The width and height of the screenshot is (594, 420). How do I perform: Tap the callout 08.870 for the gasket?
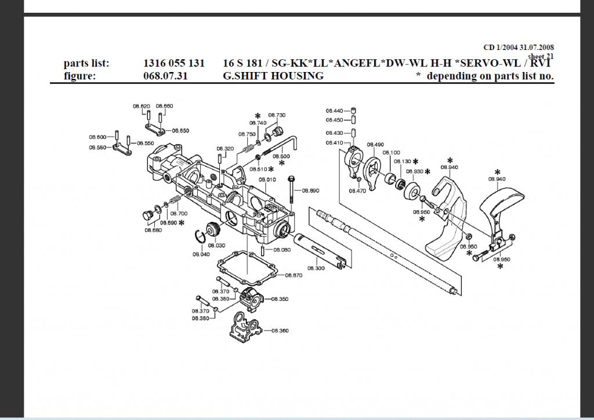295,275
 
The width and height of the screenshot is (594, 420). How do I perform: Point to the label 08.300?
316,268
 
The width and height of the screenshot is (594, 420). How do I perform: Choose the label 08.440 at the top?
334,110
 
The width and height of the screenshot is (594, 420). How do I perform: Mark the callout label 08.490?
375,144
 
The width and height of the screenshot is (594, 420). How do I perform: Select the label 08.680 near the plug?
153,230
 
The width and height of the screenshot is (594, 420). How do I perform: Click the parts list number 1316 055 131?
173,63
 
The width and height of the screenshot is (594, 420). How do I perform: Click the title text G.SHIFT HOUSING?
273,76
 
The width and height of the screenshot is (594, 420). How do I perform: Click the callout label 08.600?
97,137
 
